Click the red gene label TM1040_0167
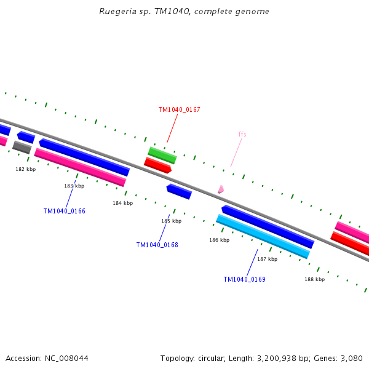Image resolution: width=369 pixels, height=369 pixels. (x=179, y=109)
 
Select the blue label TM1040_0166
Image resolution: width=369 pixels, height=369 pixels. (x=64, y=211)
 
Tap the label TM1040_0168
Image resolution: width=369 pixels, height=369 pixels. (x=157, y=245)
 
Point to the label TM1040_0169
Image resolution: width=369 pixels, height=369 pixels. (x=244, y=279)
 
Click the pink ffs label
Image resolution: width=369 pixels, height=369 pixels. (x=242, y=134)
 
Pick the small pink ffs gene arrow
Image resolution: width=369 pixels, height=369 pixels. (x=220, y=189)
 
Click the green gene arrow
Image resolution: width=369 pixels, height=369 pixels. (x=162, y=155)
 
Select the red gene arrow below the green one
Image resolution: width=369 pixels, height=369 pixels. (x=157, y=165)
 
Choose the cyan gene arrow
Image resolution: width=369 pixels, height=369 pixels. (x=263, y=236)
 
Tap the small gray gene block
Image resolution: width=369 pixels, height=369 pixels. (x=22, y=147)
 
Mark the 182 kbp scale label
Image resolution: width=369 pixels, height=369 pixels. (x=26, y=169)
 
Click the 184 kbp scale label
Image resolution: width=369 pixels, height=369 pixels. (x=122, y=203)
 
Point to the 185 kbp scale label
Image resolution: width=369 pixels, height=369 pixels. (x=171, y=221)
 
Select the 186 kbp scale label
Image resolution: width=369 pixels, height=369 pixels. (x=219, y=240)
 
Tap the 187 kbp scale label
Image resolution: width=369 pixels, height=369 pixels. (x=267, y=259)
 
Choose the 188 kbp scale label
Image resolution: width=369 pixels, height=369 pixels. (x=314, y=279)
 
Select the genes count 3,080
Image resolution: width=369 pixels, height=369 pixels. (x=351, y=358)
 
